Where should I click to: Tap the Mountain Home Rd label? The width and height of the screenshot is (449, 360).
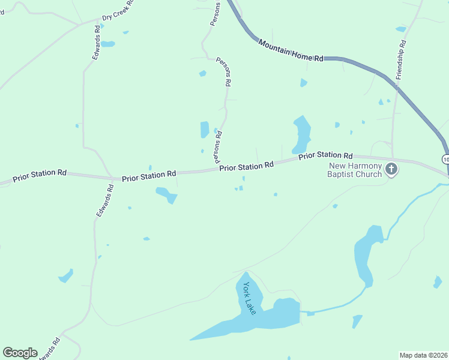click(291, 51)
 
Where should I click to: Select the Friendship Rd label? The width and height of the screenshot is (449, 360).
click(401, 60)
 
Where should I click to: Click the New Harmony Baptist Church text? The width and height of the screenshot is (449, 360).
click(355, 170)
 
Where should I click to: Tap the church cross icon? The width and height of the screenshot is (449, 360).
click(391, 169)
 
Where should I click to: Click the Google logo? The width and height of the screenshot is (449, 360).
click(20, 353)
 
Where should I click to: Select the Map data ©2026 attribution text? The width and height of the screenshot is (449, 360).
click(423, 355)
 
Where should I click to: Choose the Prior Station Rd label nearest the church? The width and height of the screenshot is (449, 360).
click(326, 155)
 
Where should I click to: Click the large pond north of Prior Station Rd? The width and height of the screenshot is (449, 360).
click(301, 134)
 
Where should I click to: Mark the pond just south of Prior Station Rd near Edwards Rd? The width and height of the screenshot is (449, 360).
click(166, 194)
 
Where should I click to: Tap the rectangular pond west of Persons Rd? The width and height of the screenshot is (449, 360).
click(205, 130)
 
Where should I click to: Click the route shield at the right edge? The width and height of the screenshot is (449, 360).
click(445, 159)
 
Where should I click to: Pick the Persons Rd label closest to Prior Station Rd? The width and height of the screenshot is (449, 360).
click(219, 147)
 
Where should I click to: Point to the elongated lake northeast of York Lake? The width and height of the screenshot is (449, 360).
click(367, 255)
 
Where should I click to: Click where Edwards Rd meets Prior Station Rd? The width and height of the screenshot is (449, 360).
click(112, 178)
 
